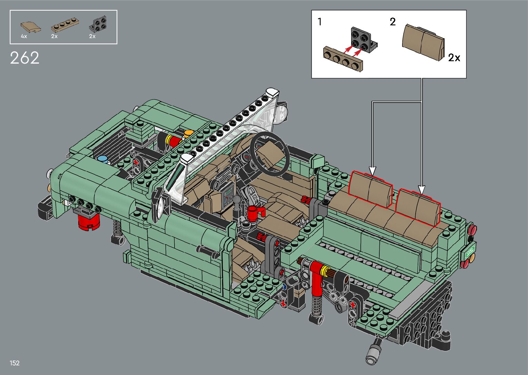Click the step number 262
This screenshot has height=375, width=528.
click(24, 58)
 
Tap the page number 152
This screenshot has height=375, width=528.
click(14, 363)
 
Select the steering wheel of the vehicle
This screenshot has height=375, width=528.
click(270, 153)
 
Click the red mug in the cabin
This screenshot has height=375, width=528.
click(255, 213)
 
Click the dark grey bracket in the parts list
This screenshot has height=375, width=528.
click(98, 24)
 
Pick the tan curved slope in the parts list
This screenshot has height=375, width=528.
click(31, 27)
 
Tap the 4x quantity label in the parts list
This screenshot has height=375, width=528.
click(24, 36)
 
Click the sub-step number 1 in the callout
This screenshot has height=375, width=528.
click(320, 22)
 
